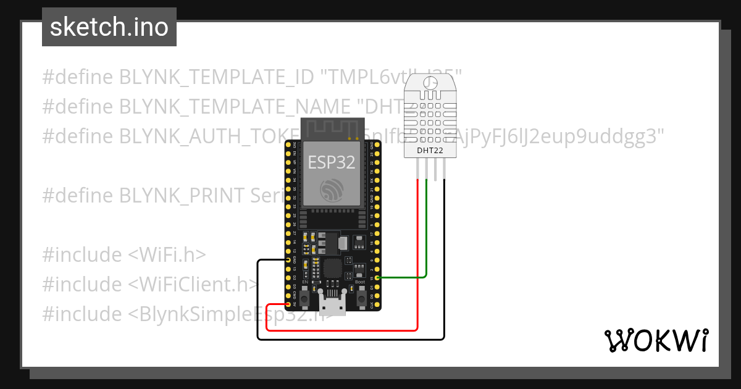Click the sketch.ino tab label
[109, 27]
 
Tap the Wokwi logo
[656, 340]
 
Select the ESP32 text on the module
[332, 162]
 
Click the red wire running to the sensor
[418, 259]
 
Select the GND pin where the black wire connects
[288, 261]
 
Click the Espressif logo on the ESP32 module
[332, 190]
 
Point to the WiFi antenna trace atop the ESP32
[332, 128]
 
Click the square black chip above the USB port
[332, 268]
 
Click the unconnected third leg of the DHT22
[435, 170]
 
